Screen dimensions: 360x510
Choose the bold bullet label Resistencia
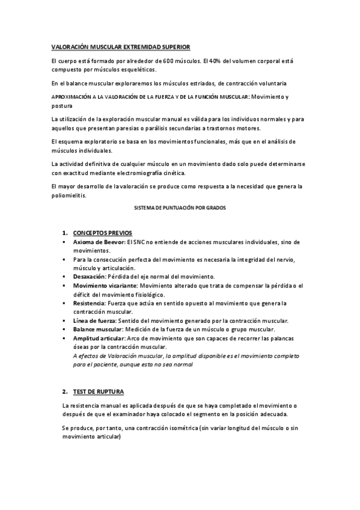[90, 304]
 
